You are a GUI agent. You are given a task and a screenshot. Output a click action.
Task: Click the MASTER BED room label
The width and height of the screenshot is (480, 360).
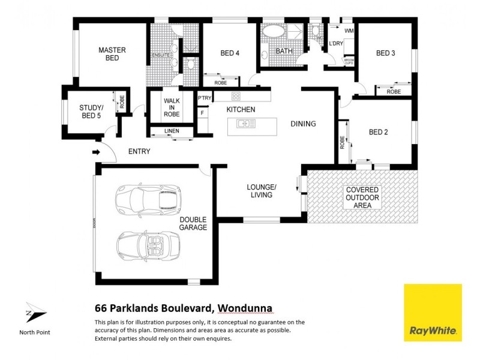pos(112,54)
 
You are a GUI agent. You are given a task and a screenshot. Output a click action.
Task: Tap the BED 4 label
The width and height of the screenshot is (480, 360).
pos(230,53)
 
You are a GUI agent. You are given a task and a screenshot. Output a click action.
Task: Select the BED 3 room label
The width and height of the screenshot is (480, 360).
pos(385,53)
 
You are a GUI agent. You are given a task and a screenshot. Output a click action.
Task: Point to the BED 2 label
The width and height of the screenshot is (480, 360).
pos(379,132)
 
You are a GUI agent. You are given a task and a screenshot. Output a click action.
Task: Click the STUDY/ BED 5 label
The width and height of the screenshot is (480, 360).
pos(91,112)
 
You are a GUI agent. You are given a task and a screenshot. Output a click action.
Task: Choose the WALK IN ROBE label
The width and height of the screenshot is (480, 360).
pos(172,108)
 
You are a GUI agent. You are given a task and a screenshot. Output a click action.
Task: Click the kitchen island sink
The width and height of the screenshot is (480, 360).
pos(245,124)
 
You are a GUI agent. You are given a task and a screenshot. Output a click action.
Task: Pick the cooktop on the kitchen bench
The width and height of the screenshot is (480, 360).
pos(236,96)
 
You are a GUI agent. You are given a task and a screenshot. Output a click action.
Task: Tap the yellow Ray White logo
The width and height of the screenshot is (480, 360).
pos(433,313)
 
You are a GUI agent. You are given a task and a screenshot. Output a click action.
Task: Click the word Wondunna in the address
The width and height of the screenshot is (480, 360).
pos(245,308)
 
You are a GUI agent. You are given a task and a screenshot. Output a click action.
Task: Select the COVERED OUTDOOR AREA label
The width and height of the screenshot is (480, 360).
pos(362,197)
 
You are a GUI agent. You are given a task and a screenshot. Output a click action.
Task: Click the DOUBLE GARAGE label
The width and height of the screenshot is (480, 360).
pos(193,223)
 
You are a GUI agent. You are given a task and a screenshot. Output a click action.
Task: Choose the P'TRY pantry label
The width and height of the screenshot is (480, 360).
pos(203,98)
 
